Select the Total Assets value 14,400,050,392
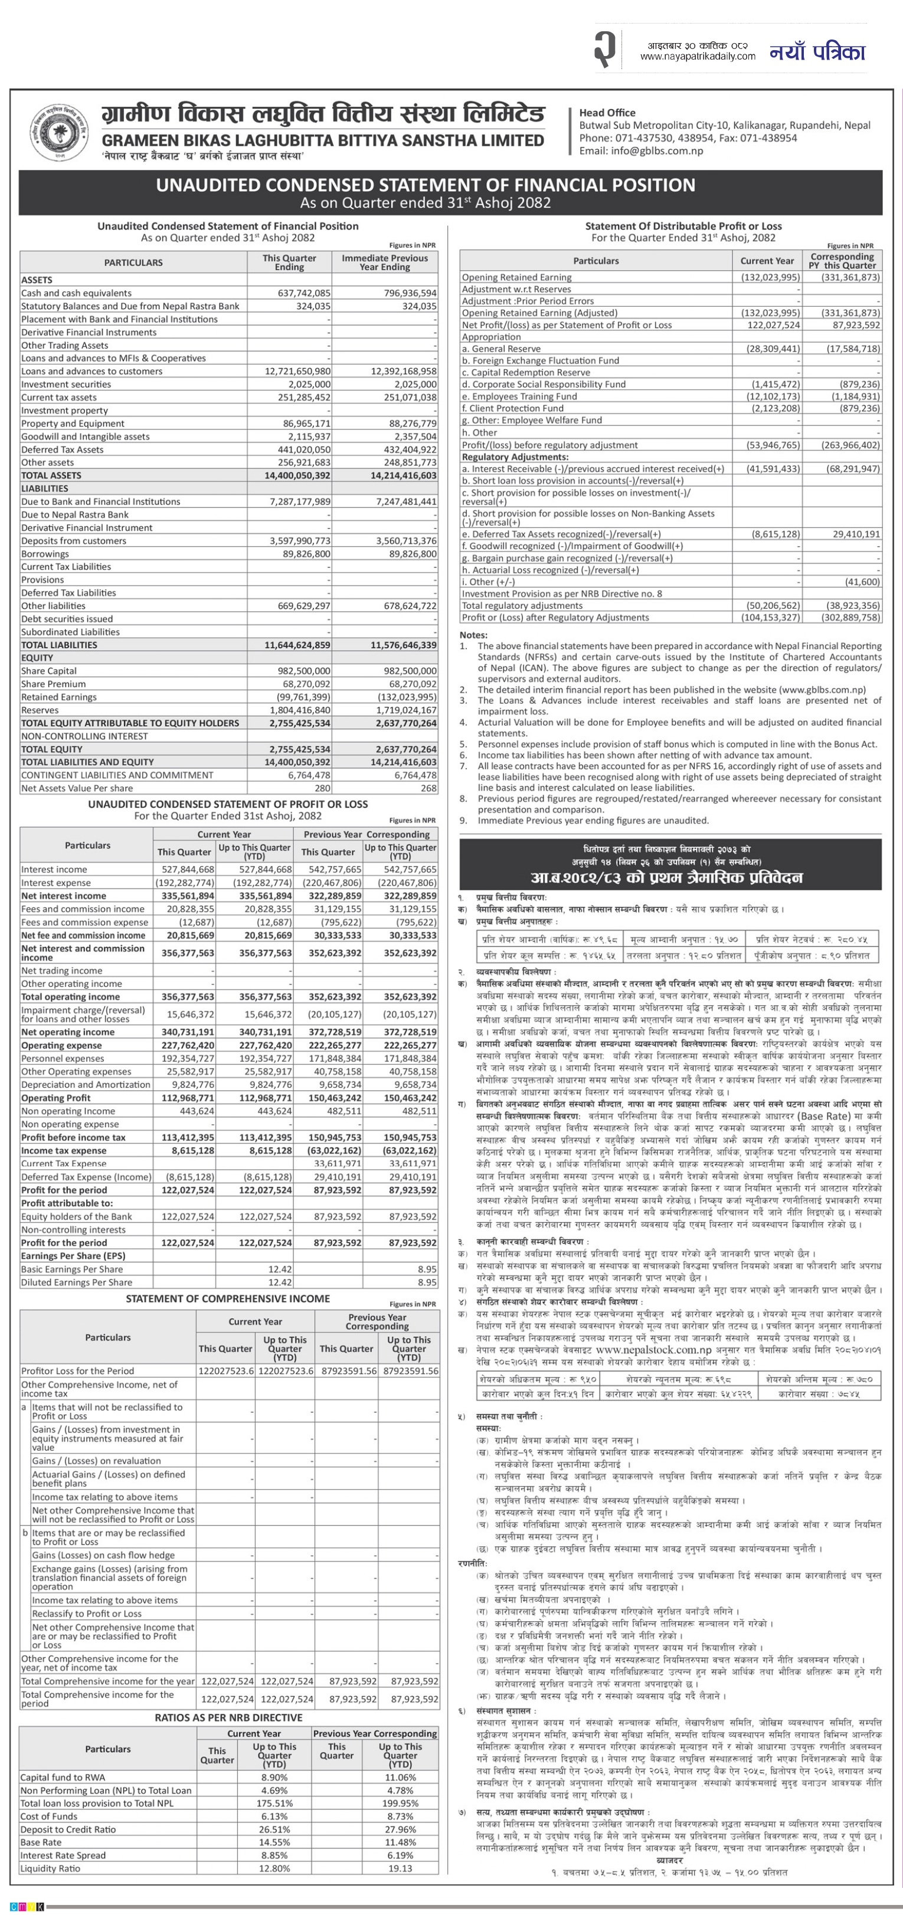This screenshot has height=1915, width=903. [x=297, y=476]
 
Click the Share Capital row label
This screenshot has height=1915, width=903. [x=50, y=671]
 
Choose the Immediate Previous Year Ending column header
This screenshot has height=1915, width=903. [x=385, y=263]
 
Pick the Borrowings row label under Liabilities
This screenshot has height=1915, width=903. [x=45, y=554]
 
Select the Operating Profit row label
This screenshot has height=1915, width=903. [x=56, y=1098]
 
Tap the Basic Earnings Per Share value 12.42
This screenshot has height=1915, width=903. [x=280, y=1269]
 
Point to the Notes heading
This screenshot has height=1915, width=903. [x=473, y=635]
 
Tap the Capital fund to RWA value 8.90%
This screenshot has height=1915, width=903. [x=274, y=1777]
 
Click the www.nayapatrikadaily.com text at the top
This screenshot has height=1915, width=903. [x=697, y=56]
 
